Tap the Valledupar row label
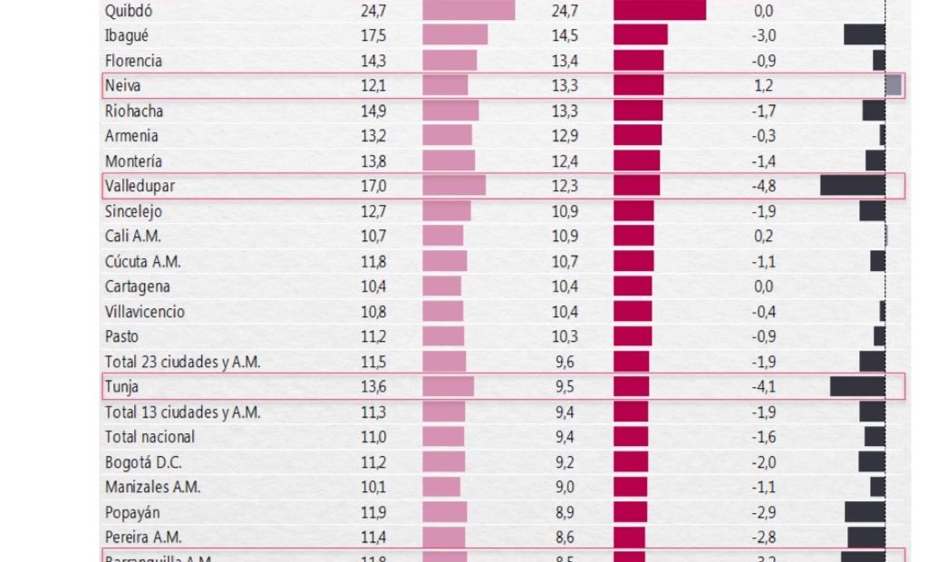[140, 187]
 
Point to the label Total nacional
[150, 437]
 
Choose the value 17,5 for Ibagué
[372, 35]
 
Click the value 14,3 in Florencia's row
[372, 61]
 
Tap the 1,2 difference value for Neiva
[763, 86]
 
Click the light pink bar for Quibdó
[469, 11]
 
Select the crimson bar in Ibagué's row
[641, 35]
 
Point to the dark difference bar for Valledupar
[852, 186]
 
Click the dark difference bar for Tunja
[857, 386]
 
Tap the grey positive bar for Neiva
[894, 85]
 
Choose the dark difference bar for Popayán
[865, 511]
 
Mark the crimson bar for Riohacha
[638, 111]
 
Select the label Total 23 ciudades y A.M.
[182, 362]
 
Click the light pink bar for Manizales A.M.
[441, 487]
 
